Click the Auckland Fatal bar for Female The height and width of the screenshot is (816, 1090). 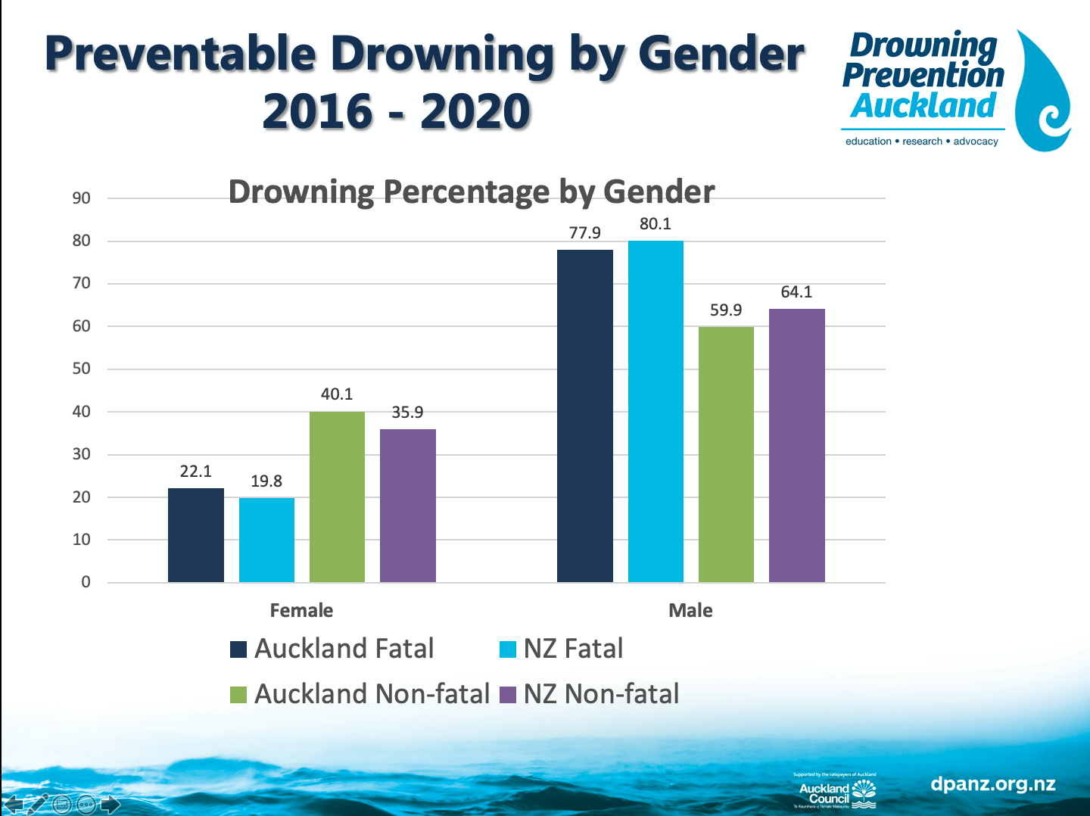coord(196,535)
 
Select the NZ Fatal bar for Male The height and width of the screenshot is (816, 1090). coord(656,412)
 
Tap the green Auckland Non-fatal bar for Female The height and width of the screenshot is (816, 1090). coord(337,497)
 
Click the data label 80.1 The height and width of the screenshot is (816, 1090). coord(656,224)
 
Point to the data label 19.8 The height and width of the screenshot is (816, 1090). coord(266,481)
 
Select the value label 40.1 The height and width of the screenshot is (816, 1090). coord(337,394)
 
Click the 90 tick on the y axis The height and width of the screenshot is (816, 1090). coord(81,198)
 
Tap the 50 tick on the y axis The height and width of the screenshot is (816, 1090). coord(81,369)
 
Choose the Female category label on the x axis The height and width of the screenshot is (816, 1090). coord(301,611)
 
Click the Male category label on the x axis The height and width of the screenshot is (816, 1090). coord(690,611)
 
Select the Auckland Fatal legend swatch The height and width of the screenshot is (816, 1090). coord(238,649)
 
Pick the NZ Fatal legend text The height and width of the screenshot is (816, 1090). coord(573,649)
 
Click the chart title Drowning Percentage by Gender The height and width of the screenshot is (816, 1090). coord(471,192)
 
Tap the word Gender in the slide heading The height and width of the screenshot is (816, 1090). coord(721,55)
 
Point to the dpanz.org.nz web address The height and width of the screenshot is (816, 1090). coord(992,784)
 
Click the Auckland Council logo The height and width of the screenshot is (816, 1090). coord(836,792)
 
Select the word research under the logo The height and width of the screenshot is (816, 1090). coord(922,142)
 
